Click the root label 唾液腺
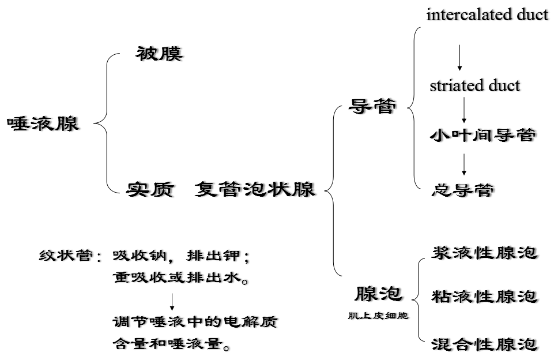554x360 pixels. coord(43,123)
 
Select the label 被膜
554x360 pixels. coord(160,54)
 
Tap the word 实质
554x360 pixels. coord(150,189)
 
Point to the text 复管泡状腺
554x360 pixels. coord(254,189)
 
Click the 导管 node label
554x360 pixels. coord(373,106)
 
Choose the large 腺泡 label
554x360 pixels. coord(378,294)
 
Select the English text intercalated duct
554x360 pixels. coord(487,15)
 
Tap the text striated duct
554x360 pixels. coord(474,86)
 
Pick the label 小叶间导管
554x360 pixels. coord(483,136)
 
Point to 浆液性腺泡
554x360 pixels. coord(484,253)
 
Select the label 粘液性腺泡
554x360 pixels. coord(484,297)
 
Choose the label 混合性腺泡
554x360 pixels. coord(484,344)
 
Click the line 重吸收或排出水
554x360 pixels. coord(181,278)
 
